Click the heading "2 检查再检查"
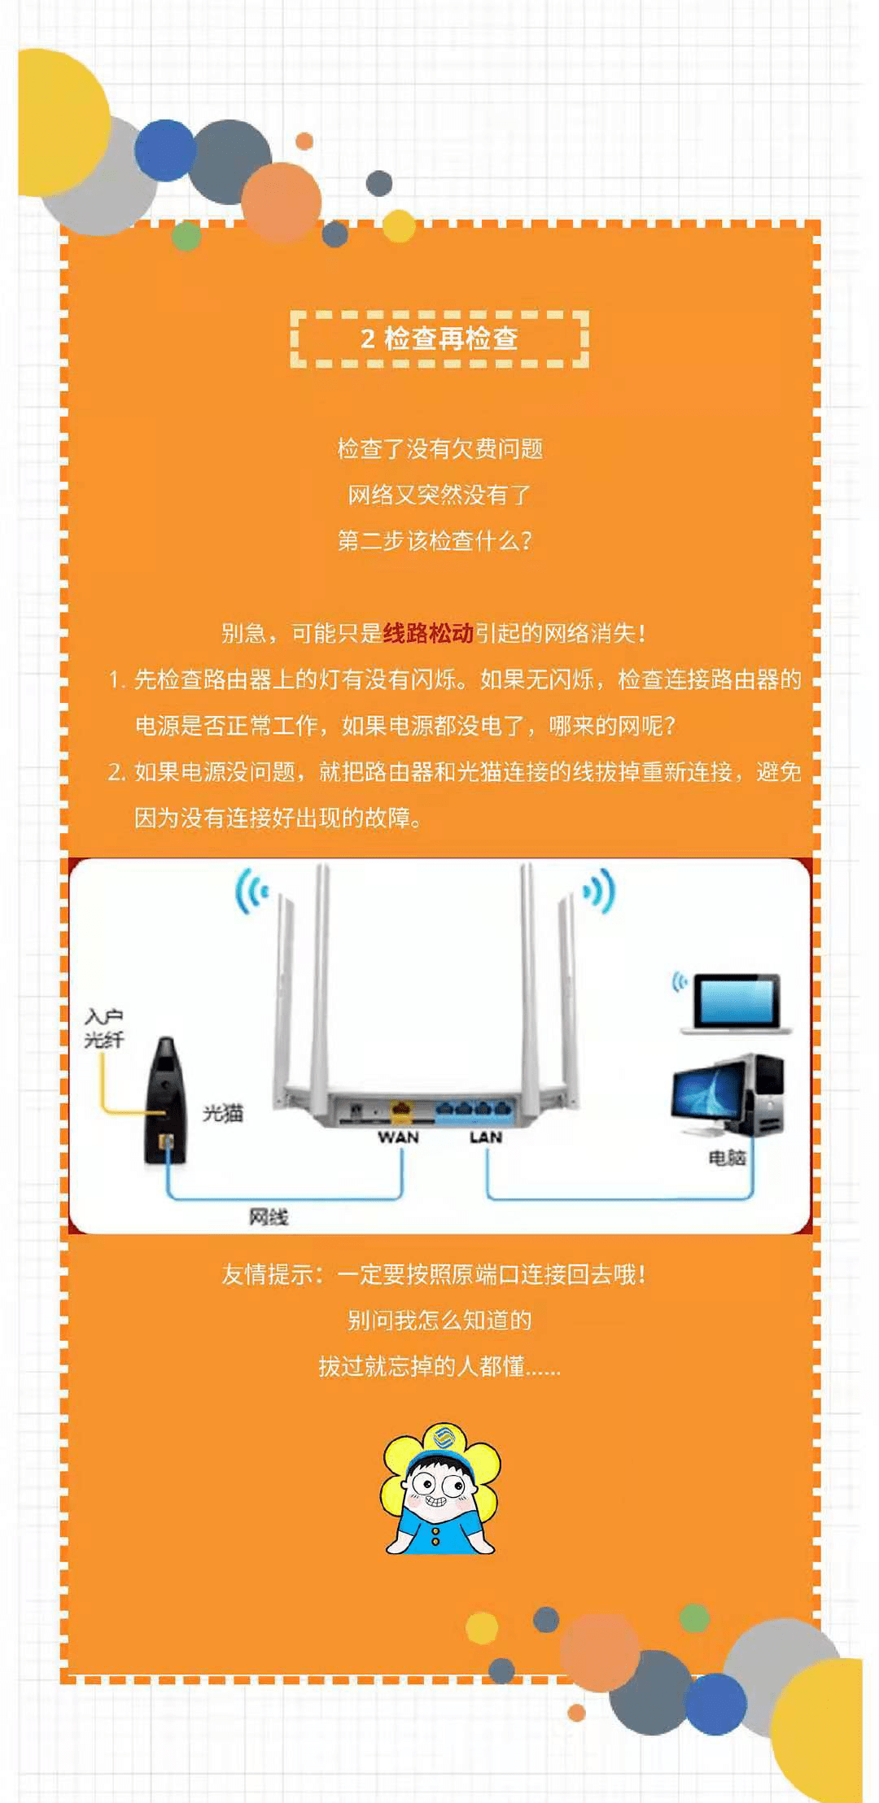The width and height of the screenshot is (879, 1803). [439, 338]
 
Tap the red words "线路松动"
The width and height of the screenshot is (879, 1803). [428, 633]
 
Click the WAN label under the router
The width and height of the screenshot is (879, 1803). [398, 1137]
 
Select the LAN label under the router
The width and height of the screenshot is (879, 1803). [486, 1137]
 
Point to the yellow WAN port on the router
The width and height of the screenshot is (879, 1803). [401, 1108]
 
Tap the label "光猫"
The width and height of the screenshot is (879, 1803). [222, 1112]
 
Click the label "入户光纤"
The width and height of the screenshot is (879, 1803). [104, 1028]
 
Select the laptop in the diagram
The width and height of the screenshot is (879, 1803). [735, 1003]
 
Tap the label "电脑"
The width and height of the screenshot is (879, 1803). [727, 1157]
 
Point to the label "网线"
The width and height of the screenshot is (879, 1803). [269, 1216]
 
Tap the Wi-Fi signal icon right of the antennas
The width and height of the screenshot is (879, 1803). [598, 891]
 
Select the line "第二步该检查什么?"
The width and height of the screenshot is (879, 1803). [435, 540]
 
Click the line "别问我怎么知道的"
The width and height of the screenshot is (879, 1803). [439, 1320]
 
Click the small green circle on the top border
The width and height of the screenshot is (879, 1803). [186, 236]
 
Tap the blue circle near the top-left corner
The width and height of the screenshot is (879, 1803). [166, 151]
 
